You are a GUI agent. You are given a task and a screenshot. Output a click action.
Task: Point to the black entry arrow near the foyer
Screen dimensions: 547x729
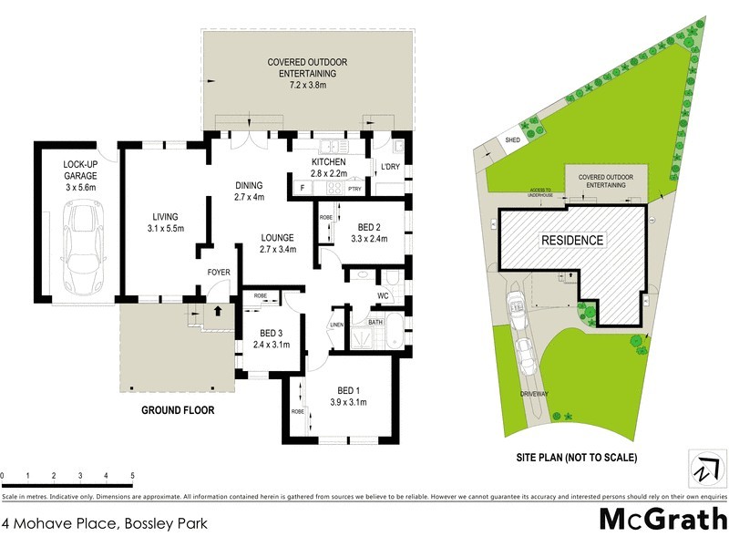click(217, 311)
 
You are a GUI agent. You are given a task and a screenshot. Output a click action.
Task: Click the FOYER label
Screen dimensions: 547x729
click(218, 272)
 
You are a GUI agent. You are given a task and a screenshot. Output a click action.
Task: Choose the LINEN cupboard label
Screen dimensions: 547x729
click(336, 325)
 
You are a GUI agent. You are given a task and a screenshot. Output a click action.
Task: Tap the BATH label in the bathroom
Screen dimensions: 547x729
click(375, 322)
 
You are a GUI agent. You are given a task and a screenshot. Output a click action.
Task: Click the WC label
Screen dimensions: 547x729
click(383, 296)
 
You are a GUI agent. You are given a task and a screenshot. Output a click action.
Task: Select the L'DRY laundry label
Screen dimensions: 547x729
click(390, 166)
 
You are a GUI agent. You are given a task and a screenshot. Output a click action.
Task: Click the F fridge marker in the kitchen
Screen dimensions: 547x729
click(302, 189)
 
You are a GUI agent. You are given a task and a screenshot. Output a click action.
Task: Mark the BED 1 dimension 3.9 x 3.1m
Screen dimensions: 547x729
click(350, 402)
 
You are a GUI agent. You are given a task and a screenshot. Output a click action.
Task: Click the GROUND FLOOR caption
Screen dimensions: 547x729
click(178, 410)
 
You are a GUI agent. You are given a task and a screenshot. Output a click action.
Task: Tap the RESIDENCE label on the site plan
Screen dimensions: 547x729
click(573, 241)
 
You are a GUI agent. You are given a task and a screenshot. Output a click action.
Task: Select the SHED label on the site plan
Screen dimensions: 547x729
click(512, 140)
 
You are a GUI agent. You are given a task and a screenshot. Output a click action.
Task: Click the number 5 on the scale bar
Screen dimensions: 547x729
click(133, 476)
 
